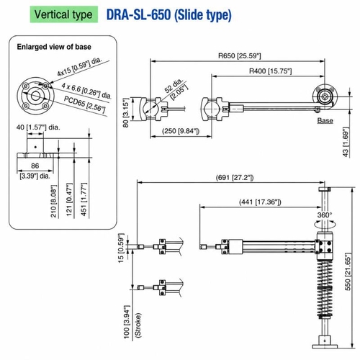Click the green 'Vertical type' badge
click(64, 14)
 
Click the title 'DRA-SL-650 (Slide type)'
click(169, 15)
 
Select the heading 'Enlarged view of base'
click(54, 47)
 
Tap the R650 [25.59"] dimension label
click(239, 56)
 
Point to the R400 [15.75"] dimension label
click(271, 71)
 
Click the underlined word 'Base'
click(325, 120)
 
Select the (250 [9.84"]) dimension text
click(181, 131)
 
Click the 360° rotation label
click(325, 215)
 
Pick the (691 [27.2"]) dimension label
click(235, 178)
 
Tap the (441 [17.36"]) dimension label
click(260, 202)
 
